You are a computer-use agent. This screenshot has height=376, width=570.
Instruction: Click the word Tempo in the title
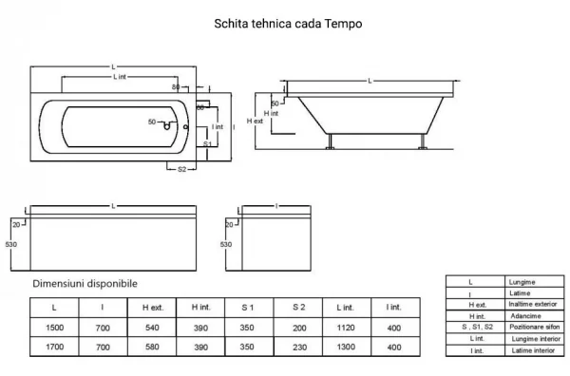(x=343, y=24)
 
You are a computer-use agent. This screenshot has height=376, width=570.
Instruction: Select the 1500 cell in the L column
(x=54, y=328)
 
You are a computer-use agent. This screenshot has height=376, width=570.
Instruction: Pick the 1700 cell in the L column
(x=54, y=347)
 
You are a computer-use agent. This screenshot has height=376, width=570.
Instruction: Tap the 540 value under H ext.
(x=152, y=328)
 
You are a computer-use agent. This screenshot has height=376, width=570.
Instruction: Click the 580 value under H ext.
(x=152, y=347)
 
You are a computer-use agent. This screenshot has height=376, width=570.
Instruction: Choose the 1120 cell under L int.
(x=346, y=328)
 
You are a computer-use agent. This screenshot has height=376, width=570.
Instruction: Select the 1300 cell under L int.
(x=346, y=347)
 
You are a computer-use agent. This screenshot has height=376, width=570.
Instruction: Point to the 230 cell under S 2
(x=299, y=348)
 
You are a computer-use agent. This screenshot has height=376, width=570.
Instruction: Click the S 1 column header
(x=248, y=308)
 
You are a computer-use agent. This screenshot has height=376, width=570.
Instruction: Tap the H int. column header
(x=201, y=308)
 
